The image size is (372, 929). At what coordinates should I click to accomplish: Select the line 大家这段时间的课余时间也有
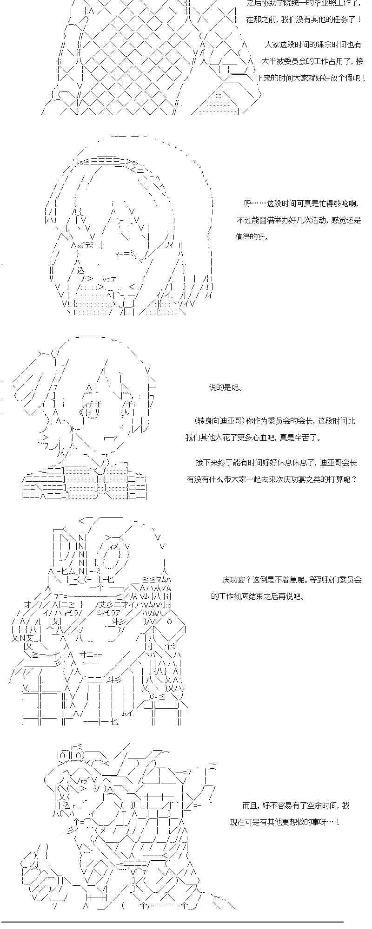point(312,45)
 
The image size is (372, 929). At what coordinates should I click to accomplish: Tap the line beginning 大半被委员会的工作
point(312,61)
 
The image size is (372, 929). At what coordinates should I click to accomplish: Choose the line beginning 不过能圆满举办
point(298,220)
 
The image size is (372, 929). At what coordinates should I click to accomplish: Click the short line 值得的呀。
point(252,237)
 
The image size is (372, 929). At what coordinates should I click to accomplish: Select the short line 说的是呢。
point(226,387)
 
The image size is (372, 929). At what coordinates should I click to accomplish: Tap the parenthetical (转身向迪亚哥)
point(219,421)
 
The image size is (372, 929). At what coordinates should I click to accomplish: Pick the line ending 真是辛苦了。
point(253,438)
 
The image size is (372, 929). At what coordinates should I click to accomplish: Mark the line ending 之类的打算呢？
point(272,479)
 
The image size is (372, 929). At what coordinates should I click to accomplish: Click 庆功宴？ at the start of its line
point(236,580)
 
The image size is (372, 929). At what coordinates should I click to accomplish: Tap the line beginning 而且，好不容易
point(296,805)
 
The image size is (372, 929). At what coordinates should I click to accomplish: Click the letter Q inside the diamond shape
point(169,622)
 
